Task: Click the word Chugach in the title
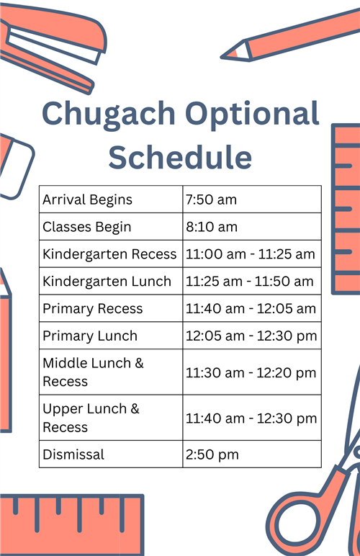pyautogui.click(x=109, y=115)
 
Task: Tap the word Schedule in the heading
pyautogui.click(x=180, y=157)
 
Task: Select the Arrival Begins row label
pyautogui.click(x=87, y=199)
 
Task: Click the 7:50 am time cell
pyautogui.click(x=211, y=199)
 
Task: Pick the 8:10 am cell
pyautogui.click(x=212, y=227)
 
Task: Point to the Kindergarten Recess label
pyautogui.click(x=109, y=254)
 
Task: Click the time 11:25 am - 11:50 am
pyautogui.click(x=250, y=282)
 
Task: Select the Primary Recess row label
pyautogui.click(x=92, y=309)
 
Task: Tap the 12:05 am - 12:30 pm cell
pyautogui.click(x=251, y=336)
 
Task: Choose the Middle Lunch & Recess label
pyautogui.click(x=93, y=372)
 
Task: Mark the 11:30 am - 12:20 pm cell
pyautogui.click(x=251, y=372)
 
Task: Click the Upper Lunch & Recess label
pyautogui.click(x=91, y=418)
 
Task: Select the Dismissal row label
pyautogui.click(x=73, y=454)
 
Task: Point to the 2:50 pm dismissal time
pyautogui.click(x=212, y=454)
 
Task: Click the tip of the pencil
pyautogui.click(x=222, y=57)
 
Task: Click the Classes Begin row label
pyautogui.click(x=87, y=227)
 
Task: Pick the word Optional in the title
pyautogui.click(x=252, y=115)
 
